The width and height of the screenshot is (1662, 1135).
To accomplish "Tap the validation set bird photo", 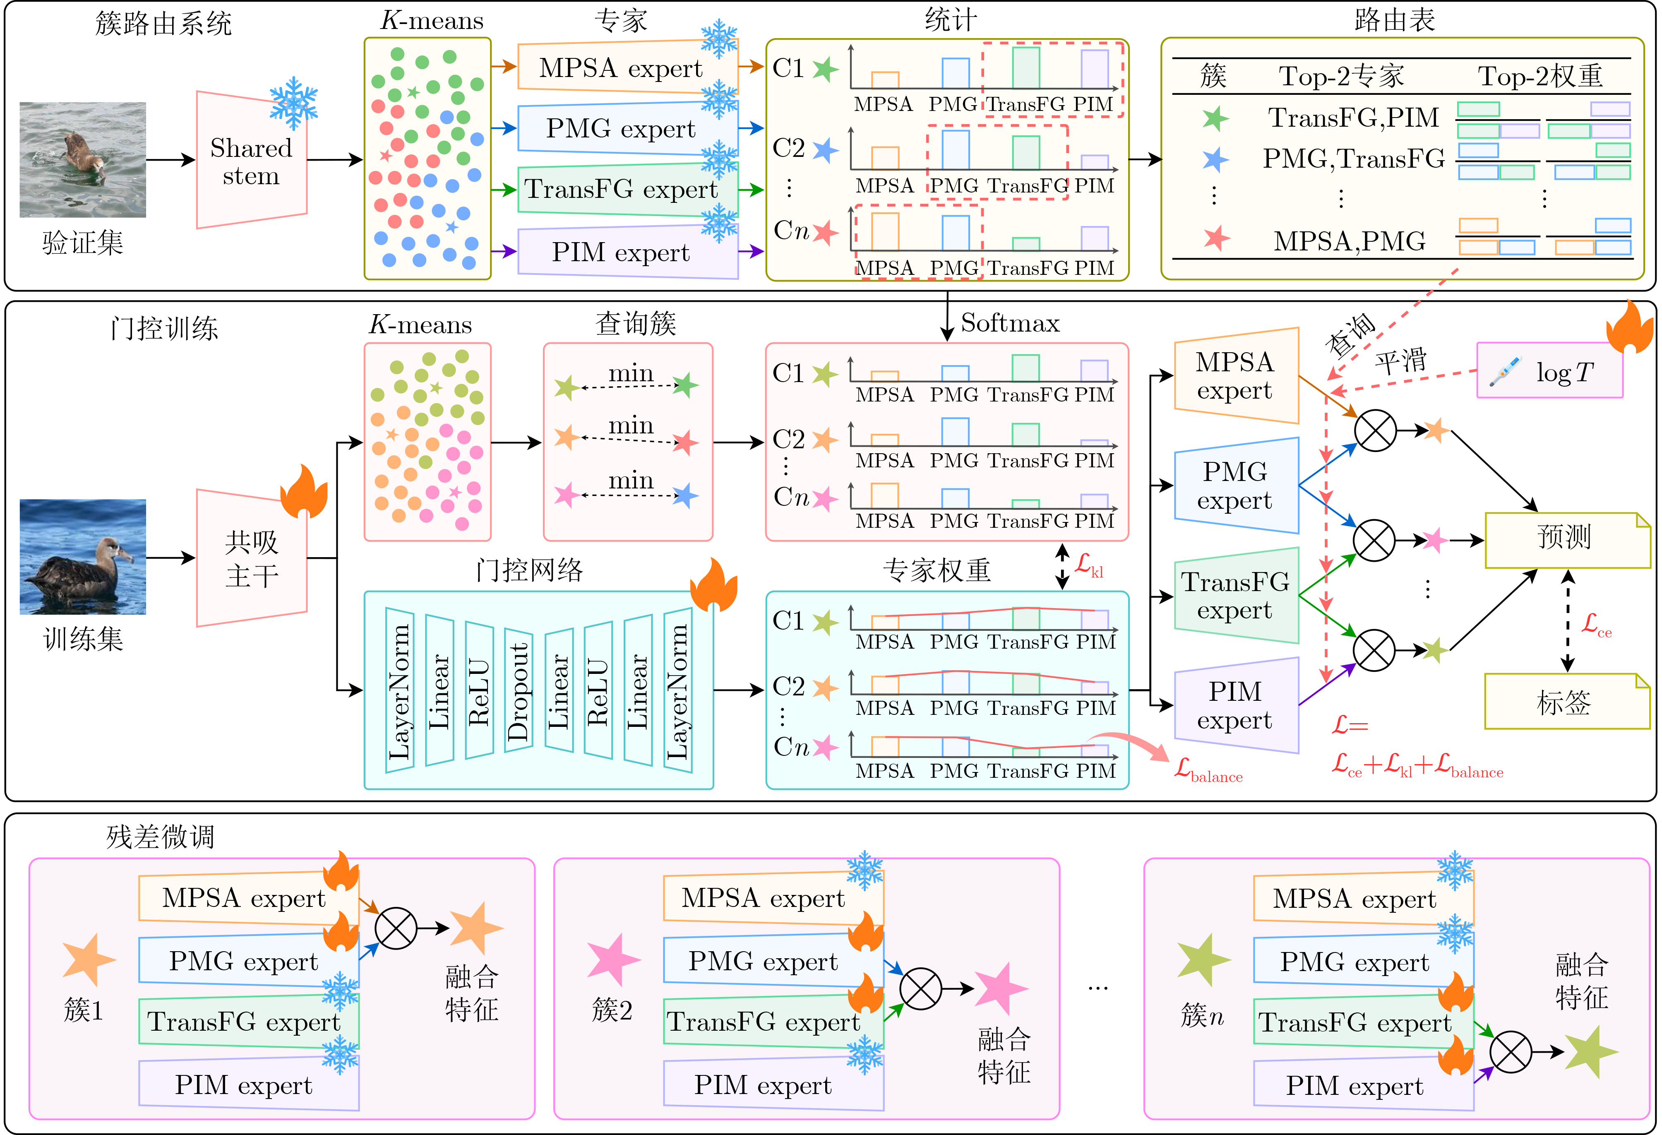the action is point(82,159).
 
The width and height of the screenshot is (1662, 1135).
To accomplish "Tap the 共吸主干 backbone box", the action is point(252,558).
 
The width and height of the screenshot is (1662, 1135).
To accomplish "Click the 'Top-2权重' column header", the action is point(1540,76).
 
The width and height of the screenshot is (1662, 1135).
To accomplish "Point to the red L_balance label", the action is point(1208,770).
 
